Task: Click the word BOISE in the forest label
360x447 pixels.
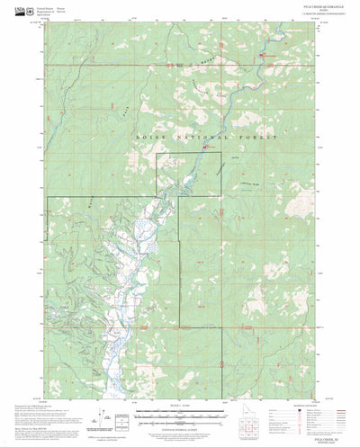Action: click(x=147, y=133)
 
